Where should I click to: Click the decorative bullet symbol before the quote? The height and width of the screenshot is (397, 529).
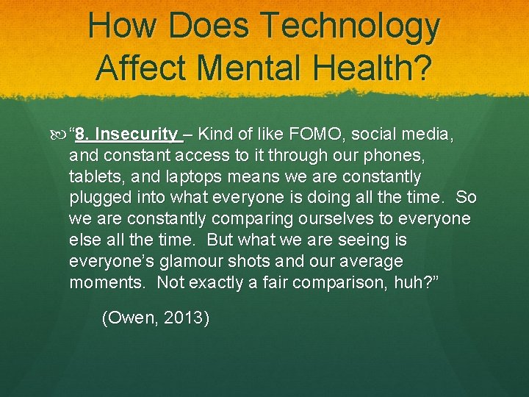click(x=60, y=135)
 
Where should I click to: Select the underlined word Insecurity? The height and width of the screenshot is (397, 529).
click(x=137, y=135)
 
